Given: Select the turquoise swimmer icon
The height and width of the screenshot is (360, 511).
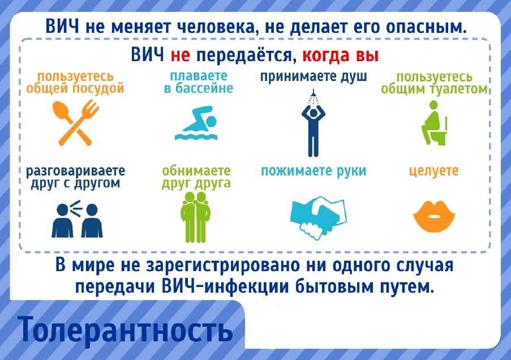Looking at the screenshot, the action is (196, 123).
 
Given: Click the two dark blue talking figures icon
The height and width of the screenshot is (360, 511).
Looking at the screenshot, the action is (77, 219).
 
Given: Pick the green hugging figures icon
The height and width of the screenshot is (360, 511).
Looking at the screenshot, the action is (196, 217).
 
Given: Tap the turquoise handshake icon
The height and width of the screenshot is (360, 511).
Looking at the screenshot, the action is (318, 217).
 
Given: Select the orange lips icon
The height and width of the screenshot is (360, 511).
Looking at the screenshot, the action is (434, 216).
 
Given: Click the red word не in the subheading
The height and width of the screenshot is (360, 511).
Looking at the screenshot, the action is (180, 55).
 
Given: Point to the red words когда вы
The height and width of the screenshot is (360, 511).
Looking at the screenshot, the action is (341, 55).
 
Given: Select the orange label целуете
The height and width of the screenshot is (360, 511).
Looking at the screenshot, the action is (434, 171).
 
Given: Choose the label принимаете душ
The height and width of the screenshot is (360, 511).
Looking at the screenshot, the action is (314, 77).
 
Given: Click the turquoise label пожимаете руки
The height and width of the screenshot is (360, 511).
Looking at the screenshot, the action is (314, 171).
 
